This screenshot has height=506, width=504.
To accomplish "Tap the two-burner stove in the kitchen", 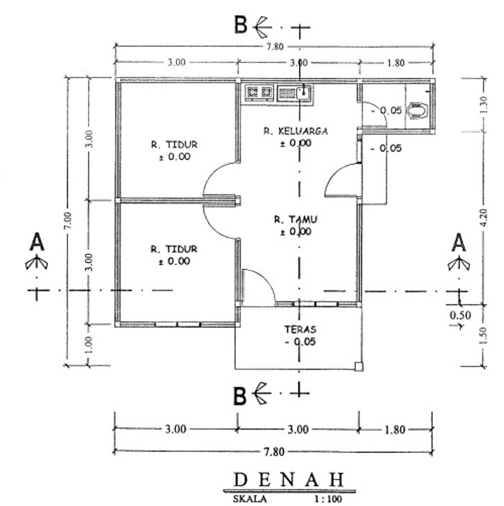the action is [x=259, y=93].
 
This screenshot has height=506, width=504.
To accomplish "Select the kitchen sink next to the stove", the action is [x=295, y=93].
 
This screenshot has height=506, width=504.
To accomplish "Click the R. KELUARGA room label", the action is [x=296, y=131].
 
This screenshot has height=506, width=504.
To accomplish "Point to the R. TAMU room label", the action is [x=296, y=220].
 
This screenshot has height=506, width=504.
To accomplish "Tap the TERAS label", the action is [x=300, y=329].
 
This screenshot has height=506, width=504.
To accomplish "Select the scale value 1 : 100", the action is [x=328, y=499].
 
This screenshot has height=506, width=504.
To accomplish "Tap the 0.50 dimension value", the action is [x=460, y=315].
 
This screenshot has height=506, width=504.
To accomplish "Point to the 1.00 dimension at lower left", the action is [x=89, y=345].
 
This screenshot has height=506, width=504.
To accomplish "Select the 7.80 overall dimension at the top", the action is [x=275, y=47].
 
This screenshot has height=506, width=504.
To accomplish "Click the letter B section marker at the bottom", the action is [x=240, y=396].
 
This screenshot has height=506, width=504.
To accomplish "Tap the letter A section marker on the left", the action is [x=37, y=242].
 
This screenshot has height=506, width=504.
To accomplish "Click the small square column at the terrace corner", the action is [x=359, y=367].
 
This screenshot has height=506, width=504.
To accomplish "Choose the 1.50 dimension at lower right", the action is [x=483, y=336].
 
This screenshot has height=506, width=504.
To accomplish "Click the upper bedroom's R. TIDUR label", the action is [x=174, y=144].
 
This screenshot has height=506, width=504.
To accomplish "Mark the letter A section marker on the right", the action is [x=459, y=242].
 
